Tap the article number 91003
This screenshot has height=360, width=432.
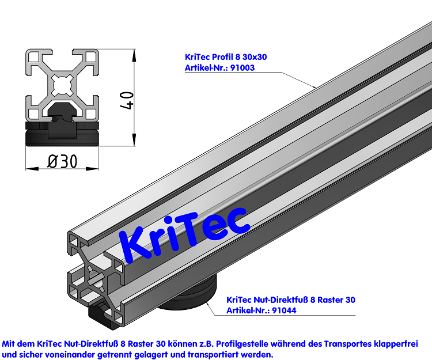(x=242, y=67)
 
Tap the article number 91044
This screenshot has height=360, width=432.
(x=285, y=310)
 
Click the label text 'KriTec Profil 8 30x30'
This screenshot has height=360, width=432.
(x=226, y=56)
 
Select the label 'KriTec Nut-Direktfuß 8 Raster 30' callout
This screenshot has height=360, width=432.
(x=291, y=300)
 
